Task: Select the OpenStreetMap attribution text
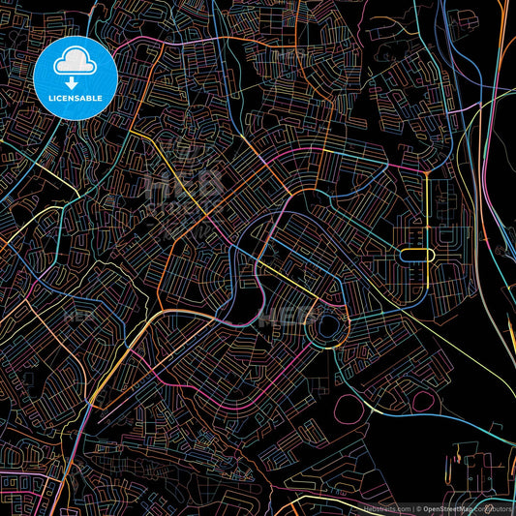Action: pos(453,507)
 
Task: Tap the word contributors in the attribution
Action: pos(498,507)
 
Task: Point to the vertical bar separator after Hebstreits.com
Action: pos(414,507)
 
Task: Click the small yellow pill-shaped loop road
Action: pos(416,255)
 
